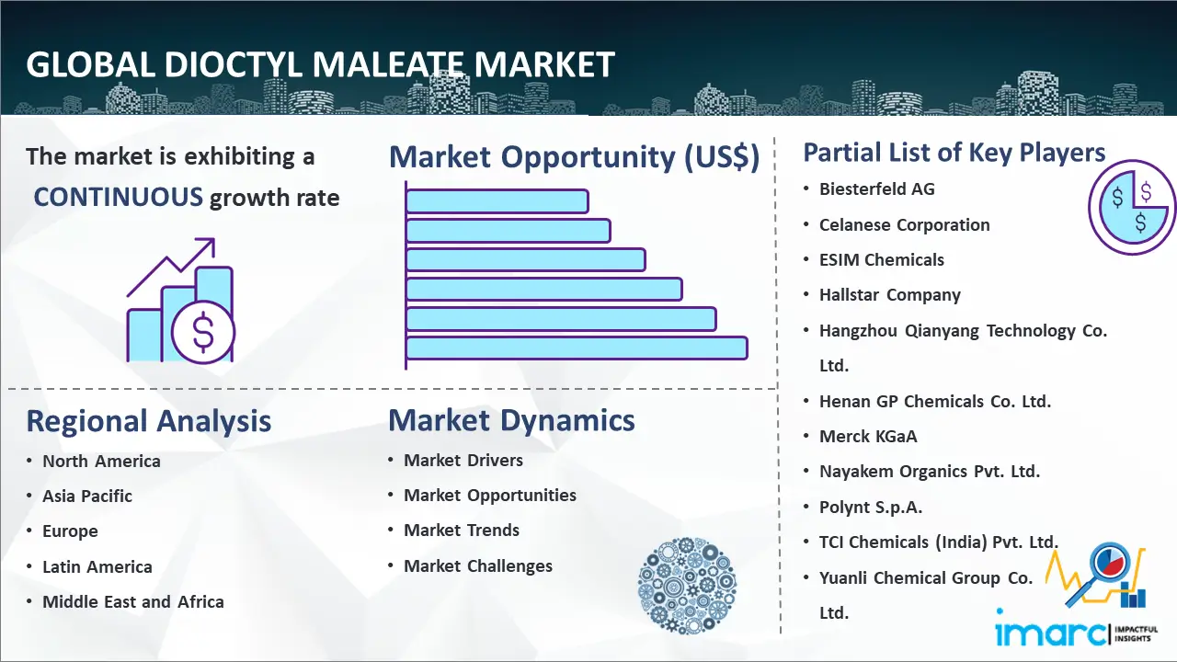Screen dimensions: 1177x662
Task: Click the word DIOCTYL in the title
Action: pyautogui.click(x=234, y=64)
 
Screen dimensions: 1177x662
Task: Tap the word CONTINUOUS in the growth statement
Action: pyautogui.click(x=119, y=197)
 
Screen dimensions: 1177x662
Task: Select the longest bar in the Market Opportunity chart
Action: pyautogui.click(x=577, y=348)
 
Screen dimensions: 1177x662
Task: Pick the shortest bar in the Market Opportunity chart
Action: pyautogui.click(x=497, y=201)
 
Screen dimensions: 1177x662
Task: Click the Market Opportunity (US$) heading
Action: pyautogui.click(x=575, y=157)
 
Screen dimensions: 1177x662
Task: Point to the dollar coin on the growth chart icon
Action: pyautogui.click(x=203, y=332)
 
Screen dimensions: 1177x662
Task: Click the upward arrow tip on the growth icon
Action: pyautogui.click(x=212, y=240)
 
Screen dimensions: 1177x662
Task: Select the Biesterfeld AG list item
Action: pyautogui.click(x=877, y=189)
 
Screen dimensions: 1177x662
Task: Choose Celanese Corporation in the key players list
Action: pyautogui.click(x=904, y=225)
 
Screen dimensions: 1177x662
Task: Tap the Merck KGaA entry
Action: pyautogui.click(x=868, y=436)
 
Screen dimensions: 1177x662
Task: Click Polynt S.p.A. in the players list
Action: pyautogui.click(x=871, y=507)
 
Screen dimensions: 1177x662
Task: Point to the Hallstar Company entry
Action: pyautogui.click(x=889, y=295)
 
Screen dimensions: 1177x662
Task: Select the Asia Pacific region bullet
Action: pyautogui.click(x=87, y=496)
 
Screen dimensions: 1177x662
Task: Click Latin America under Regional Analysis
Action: pyautogui.click(x=97, y=566)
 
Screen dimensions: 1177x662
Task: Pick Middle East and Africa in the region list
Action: pyautogui.click(x=133, y=601)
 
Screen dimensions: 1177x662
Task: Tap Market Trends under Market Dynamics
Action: pyautogui.click(x=462, y=531)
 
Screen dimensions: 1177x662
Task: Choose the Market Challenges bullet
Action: pyautogui.click(x=477, y=565)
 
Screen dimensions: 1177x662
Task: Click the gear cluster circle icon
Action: pyautogui.click(x=687, y=586)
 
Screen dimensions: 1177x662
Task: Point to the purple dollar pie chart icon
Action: pyautogui.click(x=1131, y=207)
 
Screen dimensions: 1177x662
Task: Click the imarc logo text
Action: pyautogui.click(x=1051, y=633)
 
